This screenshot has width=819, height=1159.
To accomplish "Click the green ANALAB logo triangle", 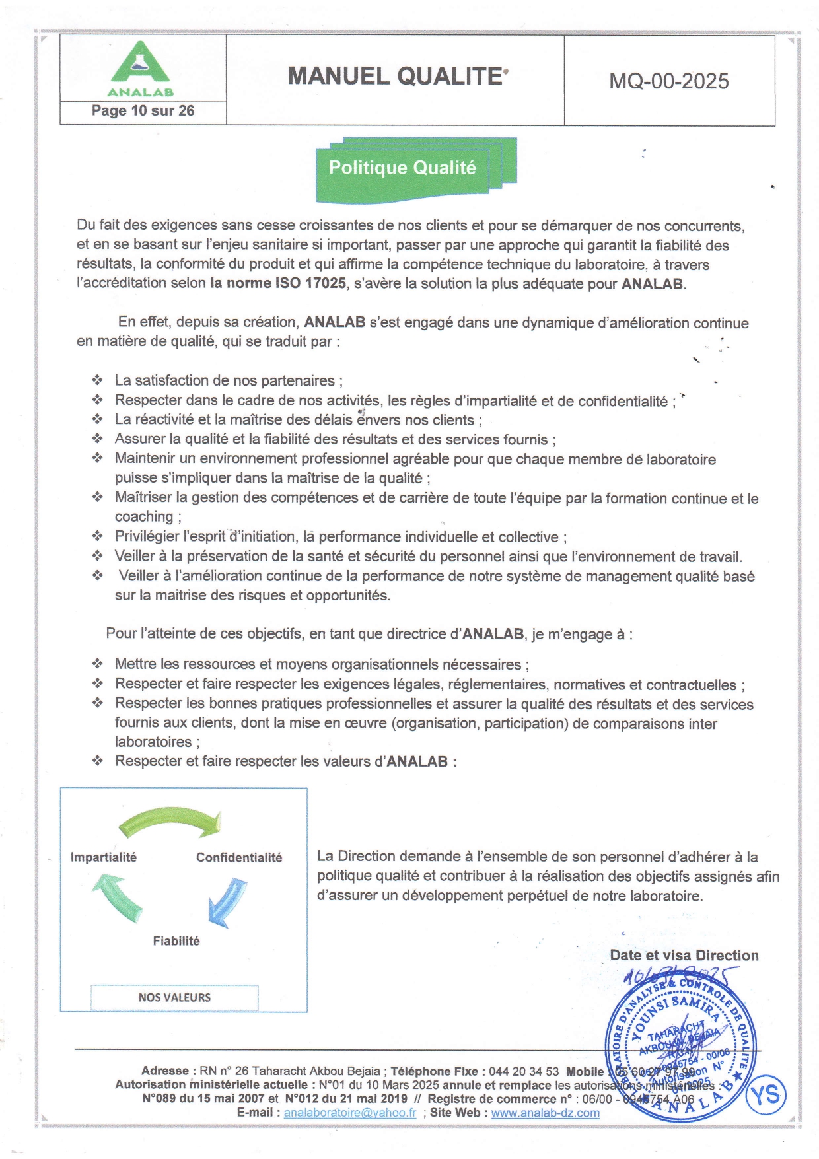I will [139, 64].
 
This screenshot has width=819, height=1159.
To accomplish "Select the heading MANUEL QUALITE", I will [396, 77].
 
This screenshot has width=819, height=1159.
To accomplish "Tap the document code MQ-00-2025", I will [668, 81].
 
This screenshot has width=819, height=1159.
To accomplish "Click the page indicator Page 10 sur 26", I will [143, 111].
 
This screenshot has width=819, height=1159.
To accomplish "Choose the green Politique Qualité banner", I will [403, 168].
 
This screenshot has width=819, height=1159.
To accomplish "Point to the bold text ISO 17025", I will [306, 284].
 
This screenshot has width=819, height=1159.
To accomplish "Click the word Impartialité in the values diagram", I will [104, 857].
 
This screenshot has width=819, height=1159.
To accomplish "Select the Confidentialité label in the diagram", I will [238, 858].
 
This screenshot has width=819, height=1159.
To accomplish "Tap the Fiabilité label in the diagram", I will [176, 941].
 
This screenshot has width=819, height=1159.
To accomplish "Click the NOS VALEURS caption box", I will [174, 997].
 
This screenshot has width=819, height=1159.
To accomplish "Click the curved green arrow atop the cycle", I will [170, 822].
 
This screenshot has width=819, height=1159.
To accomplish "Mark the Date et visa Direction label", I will [684, 956].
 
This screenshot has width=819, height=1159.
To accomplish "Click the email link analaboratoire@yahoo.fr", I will [350, 1113].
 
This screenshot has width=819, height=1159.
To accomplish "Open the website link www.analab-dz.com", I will [545, 1113].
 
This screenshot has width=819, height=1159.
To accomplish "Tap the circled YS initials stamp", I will [766, 1095].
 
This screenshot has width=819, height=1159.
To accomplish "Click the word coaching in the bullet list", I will [144, 517].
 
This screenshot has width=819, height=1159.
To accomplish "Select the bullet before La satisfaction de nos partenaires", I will [98, 380].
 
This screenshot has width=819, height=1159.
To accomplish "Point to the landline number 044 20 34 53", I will [524, 1071].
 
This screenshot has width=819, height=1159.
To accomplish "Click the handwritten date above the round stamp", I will [680, 976].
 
